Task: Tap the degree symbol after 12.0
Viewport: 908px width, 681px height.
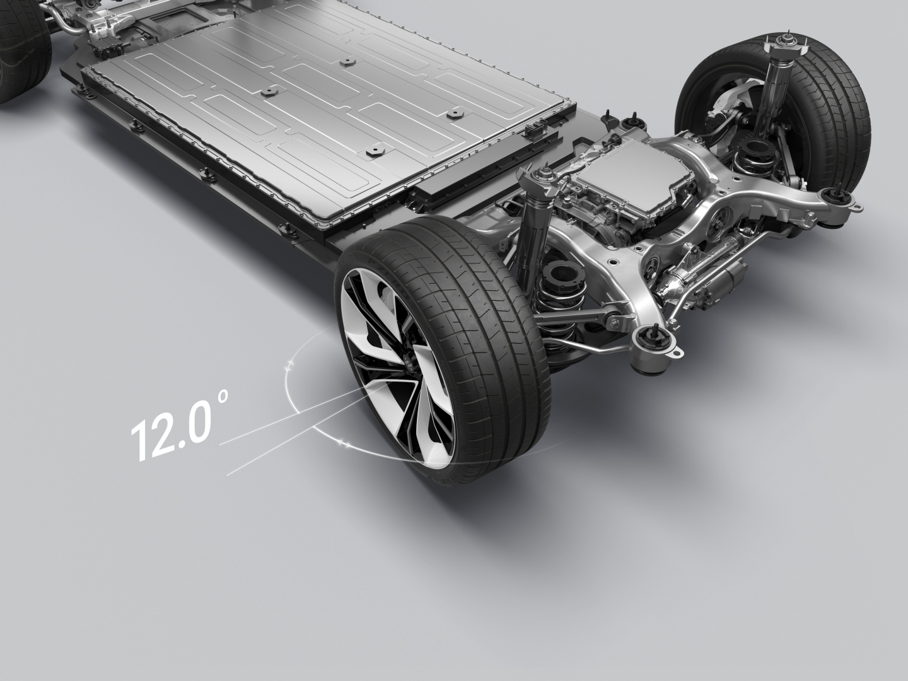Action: pyautogui.click(x=223, y=397)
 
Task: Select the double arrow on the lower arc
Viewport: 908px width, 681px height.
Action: pyautogui.click(x=343, y=444)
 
